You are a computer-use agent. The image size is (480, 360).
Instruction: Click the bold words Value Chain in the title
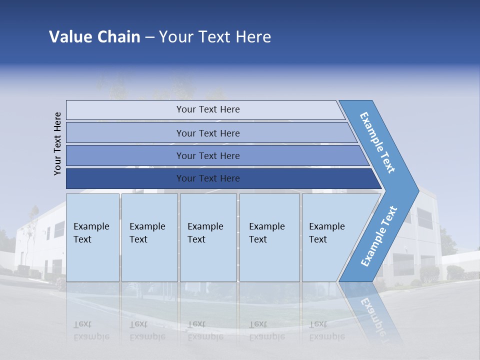point(94,37)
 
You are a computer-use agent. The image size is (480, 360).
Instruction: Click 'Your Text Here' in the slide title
point(215,37)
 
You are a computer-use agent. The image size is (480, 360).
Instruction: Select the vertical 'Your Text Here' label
point(58,143)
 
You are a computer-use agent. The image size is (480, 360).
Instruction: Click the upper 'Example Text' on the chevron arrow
point(378,142)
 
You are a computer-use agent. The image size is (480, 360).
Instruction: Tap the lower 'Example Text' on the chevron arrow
point(379,236)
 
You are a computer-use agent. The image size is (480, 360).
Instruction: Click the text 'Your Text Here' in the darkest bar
point(208,178)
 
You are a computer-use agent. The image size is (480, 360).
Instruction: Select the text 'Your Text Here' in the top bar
point(208,109)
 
